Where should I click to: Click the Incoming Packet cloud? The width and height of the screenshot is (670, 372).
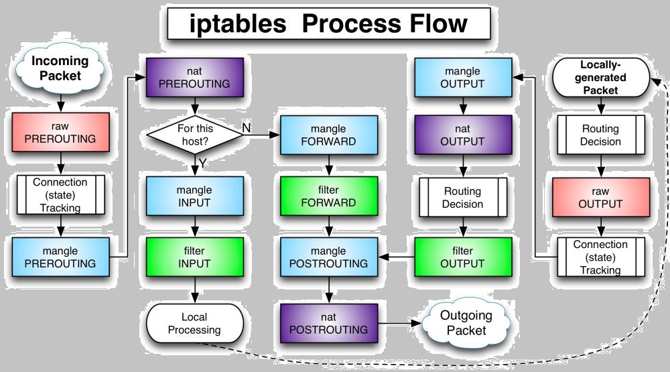[x=60, y=67]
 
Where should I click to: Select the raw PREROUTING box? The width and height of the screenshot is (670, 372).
[x=60, y=132]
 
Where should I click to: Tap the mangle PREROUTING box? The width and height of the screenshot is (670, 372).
[x=60, y=256]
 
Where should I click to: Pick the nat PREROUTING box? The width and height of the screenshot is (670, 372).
[x=194, y=76]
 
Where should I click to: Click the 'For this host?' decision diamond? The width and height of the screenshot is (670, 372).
[x=194, y=133]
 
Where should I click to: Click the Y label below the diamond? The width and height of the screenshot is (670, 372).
[x=202, y=163]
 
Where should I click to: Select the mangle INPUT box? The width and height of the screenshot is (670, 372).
[x=194, y=196]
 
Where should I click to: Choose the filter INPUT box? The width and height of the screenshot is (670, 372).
[x=194, y=256]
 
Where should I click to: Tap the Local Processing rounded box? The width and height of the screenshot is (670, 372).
[x=194, y=322]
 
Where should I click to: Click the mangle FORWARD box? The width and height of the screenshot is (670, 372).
[x=328, y=134]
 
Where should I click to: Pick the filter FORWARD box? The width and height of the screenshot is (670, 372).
[x=328, y=196]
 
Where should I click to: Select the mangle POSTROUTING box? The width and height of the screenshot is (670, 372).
[x=328, y=256]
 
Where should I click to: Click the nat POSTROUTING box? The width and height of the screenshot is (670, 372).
[x=328, y=322]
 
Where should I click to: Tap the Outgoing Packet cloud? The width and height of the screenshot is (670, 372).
[x=466, y=322]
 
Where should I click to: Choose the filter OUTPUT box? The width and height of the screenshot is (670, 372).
[x=462, y=256]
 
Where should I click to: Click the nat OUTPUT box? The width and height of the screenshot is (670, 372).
[x=462, y=134]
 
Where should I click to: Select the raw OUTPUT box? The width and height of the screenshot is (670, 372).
[x=600, y=196]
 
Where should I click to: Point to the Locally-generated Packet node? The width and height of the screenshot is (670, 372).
[x=600, y=78]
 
